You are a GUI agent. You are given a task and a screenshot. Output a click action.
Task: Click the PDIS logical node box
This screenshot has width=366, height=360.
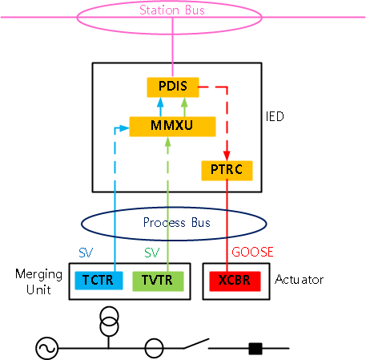(x=173, y=87)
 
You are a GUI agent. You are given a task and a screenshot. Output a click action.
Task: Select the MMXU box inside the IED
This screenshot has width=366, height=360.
(x=172, y=127)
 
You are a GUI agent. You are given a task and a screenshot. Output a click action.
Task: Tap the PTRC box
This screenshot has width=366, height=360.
(x=227, y=171)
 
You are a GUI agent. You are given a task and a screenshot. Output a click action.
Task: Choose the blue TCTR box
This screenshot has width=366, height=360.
(x=99, y=281)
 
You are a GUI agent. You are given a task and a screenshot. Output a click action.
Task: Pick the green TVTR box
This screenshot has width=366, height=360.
(x=158, y=281)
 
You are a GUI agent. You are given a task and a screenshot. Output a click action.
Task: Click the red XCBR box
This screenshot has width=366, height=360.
(x=235, y=281)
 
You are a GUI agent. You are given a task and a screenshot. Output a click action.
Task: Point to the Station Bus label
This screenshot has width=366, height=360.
(x=172, y=10)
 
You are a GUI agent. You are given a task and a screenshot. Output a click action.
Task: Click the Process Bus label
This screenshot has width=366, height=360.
(x=177, y=222)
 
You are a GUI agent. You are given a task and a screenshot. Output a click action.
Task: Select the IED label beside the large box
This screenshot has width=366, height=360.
(x=275, y=116)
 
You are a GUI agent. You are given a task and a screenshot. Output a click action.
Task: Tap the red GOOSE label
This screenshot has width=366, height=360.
(x=252, y=252)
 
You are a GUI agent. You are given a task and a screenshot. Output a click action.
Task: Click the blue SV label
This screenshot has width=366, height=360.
(x=86, y=253)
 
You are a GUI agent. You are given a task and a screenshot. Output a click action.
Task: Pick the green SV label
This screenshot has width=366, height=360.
(x=151, y=253)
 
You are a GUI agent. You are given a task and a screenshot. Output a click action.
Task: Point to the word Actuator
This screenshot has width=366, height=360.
(x=300, y=280)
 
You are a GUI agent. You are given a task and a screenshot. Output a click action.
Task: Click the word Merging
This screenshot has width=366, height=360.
(x=39, y=274)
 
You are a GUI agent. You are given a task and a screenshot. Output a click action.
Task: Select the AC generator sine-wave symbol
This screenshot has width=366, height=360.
(x=46, y=348)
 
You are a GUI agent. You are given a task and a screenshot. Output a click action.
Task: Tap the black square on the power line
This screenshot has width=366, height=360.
(x=255, y=349)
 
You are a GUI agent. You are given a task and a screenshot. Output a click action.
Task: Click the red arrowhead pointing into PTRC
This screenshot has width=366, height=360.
(x=227, y=156)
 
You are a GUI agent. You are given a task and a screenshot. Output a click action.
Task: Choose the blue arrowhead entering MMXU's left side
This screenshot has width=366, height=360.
(x=124, y=128)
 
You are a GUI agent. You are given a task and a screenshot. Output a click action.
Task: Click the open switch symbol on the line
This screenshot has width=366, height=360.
(x=196, y=344)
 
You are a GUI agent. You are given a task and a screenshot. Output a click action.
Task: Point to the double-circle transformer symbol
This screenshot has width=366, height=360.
(x=109, y=322)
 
